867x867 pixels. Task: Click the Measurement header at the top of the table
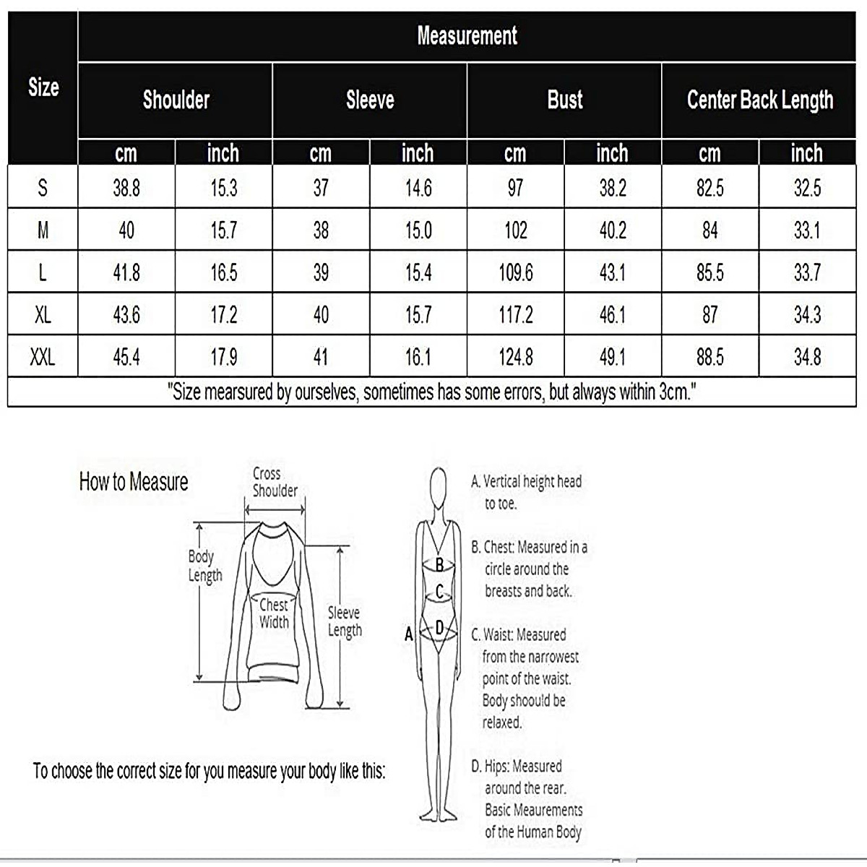467,36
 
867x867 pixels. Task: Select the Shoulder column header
176,100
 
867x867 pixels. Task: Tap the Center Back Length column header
759,100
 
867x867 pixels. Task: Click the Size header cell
43,87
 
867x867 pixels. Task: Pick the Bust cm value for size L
515,272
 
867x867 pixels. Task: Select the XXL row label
43,357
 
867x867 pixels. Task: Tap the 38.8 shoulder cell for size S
126,189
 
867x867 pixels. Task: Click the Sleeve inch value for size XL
418,315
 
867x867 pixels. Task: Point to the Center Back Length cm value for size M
709,230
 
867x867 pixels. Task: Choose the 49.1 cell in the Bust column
612,357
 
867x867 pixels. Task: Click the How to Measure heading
134,482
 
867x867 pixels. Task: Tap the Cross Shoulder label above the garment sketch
274,482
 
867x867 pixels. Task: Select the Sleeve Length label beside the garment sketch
345,621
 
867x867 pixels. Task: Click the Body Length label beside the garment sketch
204,566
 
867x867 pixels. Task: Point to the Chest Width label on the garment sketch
274,613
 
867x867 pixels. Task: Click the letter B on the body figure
439,565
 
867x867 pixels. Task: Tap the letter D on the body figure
439,629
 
